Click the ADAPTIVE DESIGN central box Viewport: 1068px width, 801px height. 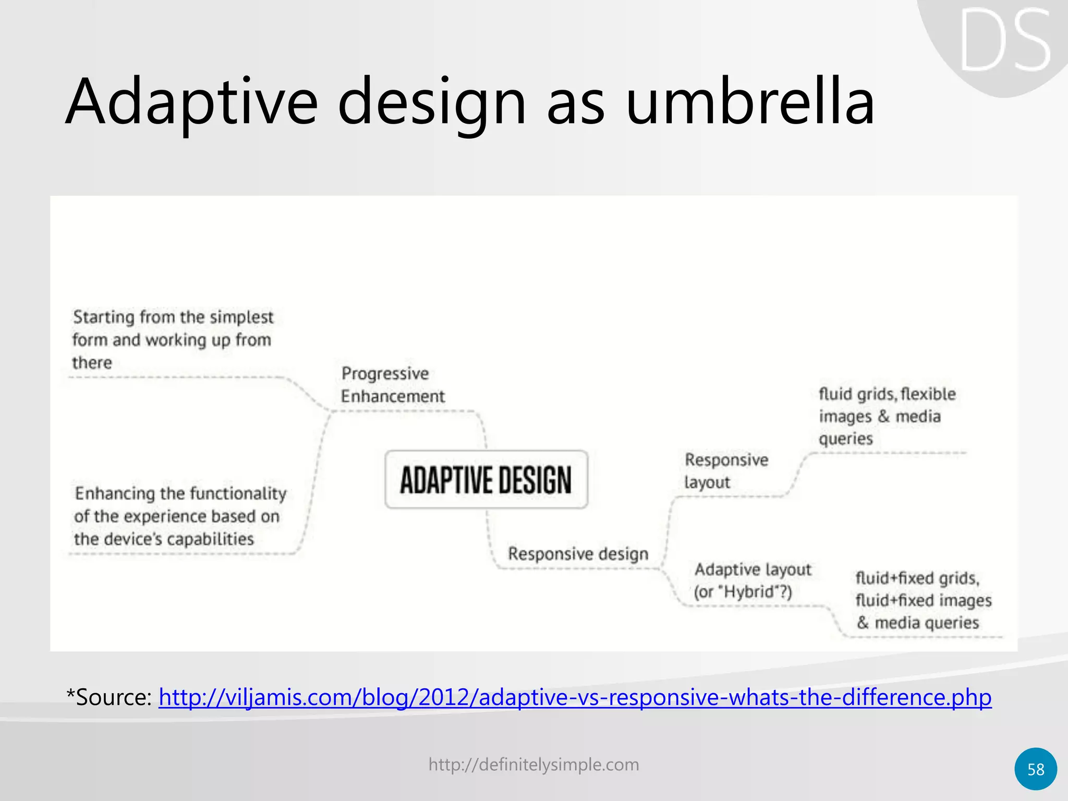[x=486, y=480]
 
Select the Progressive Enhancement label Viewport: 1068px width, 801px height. [x=392, y=385]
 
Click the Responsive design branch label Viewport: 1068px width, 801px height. [x=578, y=554]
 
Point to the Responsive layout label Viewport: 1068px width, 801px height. [x=726, y=471]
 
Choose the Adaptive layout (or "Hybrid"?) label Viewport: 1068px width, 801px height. [x=753, y=580]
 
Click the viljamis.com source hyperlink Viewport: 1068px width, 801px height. [x=575, y=697]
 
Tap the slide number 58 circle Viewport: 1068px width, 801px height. [x=1036, y=769]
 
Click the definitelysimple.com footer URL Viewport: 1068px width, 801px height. [x=533, y=764]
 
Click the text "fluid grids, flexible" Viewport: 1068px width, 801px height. [x=887, y=394]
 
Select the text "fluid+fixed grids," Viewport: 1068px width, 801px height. [x=917, y=578]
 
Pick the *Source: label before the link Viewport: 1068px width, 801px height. [x=109, y=697]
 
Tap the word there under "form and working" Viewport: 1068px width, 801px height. [x=92, y=362]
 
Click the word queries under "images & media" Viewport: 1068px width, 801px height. [x=845, y=439]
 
